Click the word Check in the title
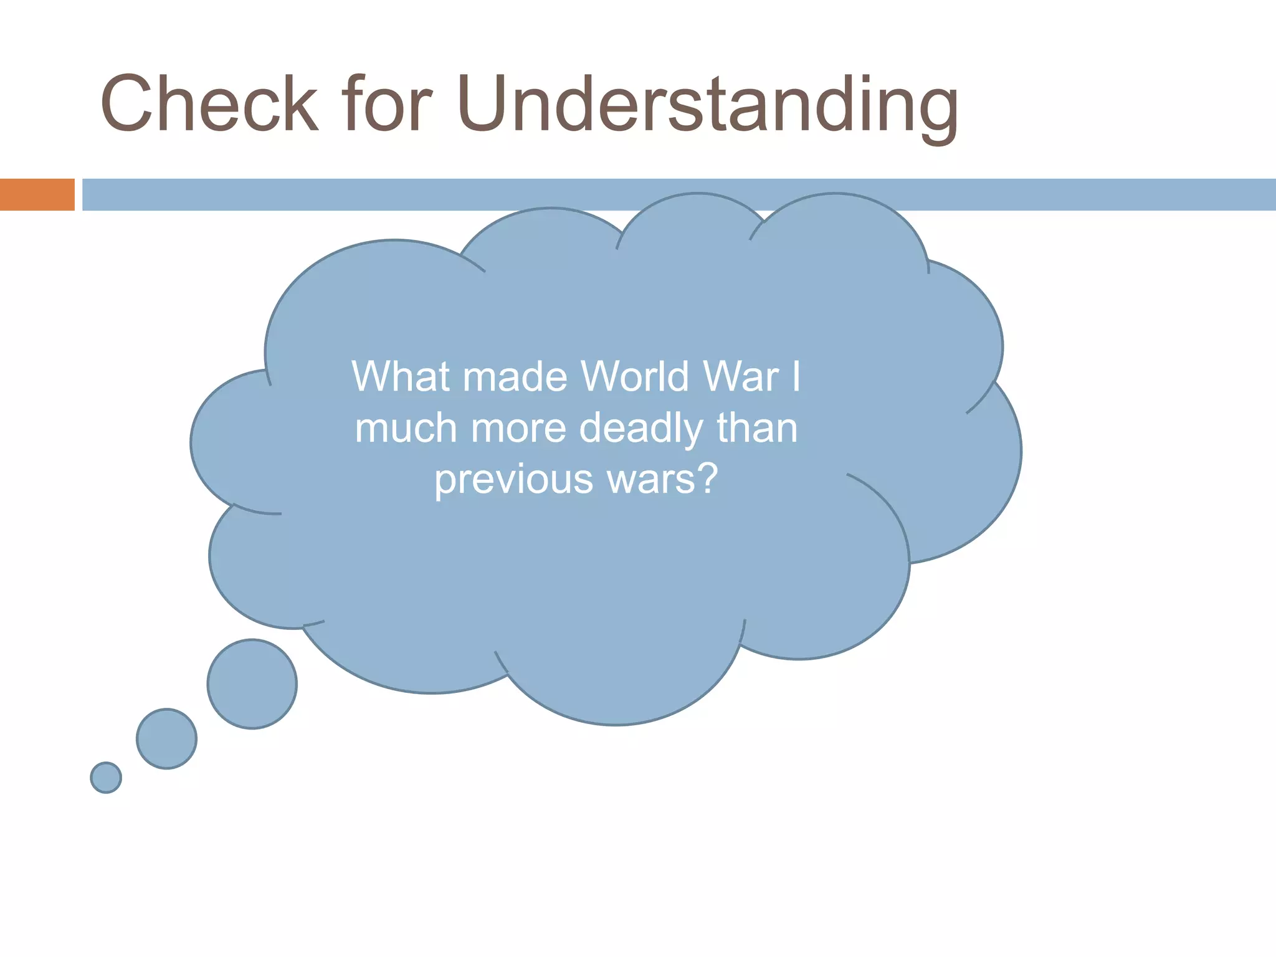pos(209,104)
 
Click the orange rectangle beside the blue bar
pos(37,194)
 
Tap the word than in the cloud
pos(757,429)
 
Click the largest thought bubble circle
pos(252,684)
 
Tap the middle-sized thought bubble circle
pos(167,739)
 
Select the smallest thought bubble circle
pos(106,778)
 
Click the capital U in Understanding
pos(485,104)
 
